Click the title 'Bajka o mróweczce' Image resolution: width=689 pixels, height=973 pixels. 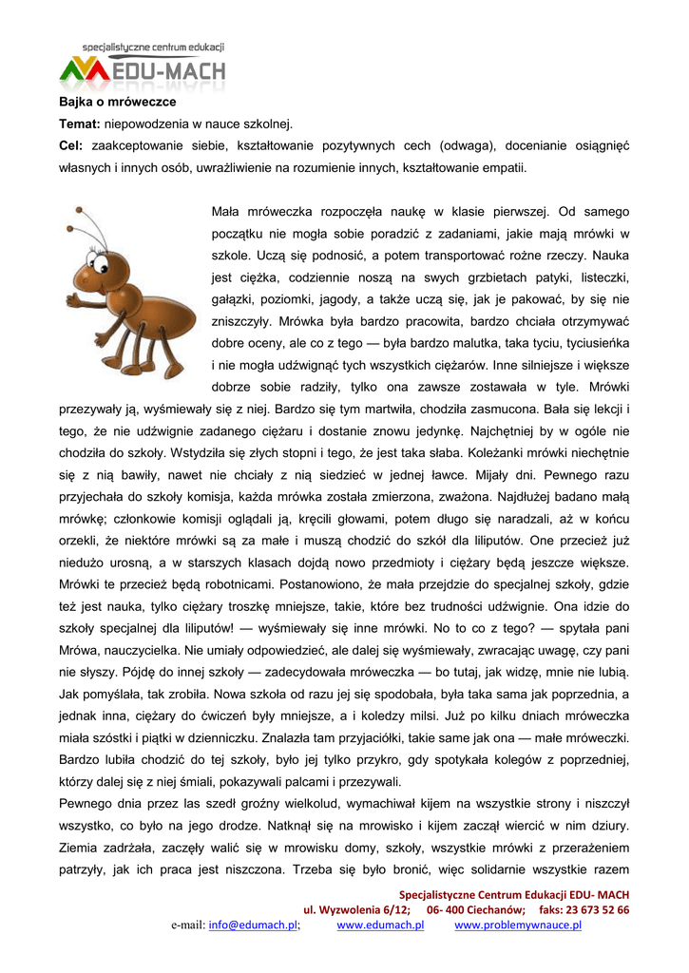[118, 102]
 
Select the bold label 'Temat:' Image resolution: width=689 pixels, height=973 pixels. [80, 124]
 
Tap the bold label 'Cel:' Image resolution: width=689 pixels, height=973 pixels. [71, 146]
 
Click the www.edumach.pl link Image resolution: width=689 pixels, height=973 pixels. [380, 925]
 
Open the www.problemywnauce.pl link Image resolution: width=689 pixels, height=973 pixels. [518, 925]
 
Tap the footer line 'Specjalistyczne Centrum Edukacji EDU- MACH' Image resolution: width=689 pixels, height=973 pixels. [513, 894]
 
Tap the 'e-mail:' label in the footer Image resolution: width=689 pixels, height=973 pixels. [187, 925]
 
